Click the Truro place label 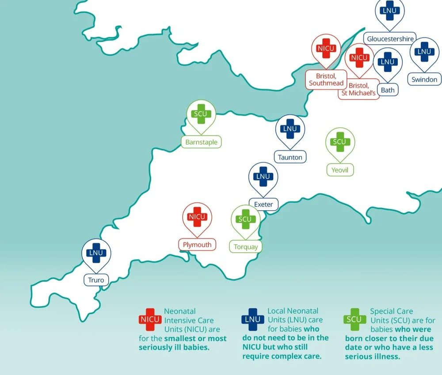pyautogui.click(x=96, y=280)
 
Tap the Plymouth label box pyautogui.click(x=197, y=245)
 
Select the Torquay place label pyautogui.click(x=245, y=246)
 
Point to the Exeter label pyautogui.click(x=263, y=204)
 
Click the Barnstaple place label pyautogui.click(x=201, y=142)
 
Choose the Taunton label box pyautogui.click(x=290, y=157)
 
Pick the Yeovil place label pyautogui.click(x=340, y=170)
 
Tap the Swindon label pyautogui.click(x=424, y=80)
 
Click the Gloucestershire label pyautogui.click(x=390, y=39)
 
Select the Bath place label pyautogui.click(x=387, y=90)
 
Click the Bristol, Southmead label pyautogui.click(x=326, y=80)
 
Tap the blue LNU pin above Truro pyautogui.click(x=96, y=253)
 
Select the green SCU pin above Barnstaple pyautogui.click(x=201, y=114)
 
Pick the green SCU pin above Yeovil pyautogui.click(x=340, y=142)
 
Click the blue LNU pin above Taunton pyautogui.click(x=290, y=129)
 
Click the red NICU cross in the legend pyautogui.click(x=150, y=319)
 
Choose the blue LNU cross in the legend pyautogui.click(x=253, y=319)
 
